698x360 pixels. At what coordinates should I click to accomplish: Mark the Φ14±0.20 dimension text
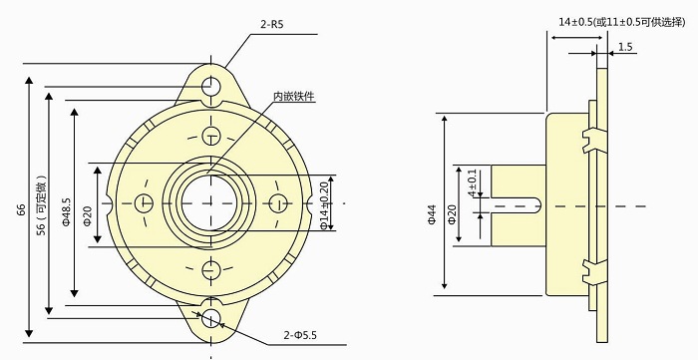(x=324, y=203)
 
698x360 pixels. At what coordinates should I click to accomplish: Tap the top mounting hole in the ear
(x=210, y=86)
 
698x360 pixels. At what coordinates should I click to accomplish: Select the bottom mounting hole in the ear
(x=210, y=318)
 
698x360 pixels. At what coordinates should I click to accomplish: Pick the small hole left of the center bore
(x=147, y=202)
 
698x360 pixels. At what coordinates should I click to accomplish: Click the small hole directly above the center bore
(x=210, y=137)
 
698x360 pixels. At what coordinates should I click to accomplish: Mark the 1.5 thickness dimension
(x=625, y=47)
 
